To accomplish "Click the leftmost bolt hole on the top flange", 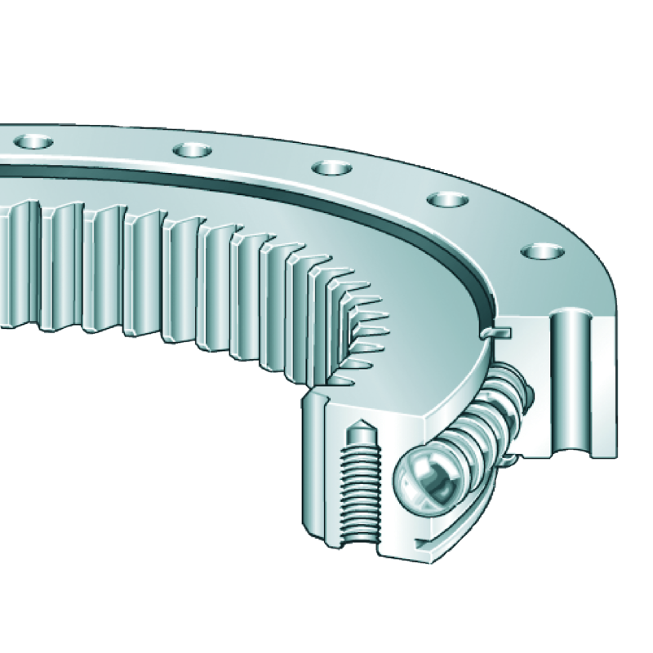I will (x=33, y=142).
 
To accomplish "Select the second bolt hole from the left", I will (x=192, y=150).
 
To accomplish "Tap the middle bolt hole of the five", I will (x=331, y=169).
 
